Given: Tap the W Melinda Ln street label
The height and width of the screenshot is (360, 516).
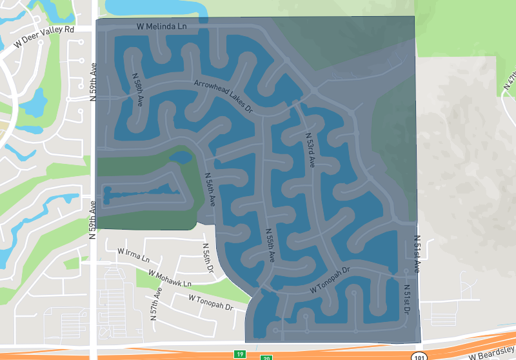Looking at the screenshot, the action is tap(161, 26).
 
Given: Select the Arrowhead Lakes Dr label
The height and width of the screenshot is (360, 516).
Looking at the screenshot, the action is tap(223, 96).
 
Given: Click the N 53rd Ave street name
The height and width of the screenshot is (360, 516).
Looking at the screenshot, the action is tap(310, 150).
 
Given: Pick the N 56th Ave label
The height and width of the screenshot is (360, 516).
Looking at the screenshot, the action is tap(209, 189).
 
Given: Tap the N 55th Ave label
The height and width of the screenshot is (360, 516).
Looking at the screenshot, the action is tap(270, 245).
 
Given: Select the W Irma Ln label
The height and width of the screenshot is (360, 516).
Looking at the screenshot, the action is tap(133, 255).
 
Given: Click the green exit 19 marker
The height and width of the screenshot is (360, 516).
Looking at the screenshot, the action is tap(239, 354).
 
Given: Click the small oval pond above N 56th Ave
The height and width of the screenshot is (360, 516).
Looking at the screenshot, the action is tap(181, 157).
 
